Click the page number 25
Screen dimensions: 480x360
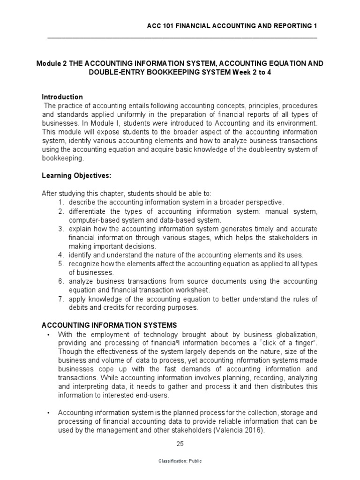pos(180,443)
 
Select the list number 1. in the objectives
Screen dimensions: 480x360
pos(61,202)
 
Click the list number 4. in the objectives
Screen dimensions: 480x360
pos(61,255)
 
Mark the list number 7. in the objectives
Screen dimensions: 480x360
pos(61,299)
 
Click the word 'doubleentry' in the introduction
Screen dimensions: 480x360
pos(269,150)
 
